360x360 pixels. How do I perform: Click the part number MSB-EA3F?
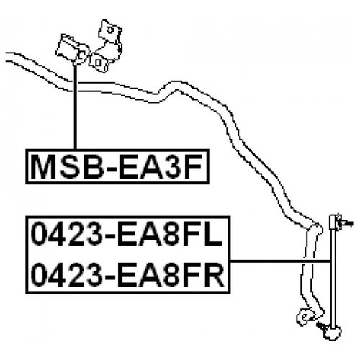tap(117, 166)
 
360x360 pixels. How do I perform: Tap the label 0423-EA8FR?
tap(127, 275)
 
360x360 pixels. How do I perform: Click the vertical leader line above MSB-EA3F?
tap(75, 107)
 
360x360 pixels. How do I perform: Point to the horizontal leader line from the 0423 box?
tap(280, 261)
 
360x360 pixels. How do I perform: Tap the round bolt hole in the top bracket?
tap(110, 30)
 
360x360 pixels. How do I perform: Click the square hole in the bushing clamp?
tap(98, 63)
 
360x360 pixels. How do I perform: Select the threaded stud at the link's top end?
tap(346, 223)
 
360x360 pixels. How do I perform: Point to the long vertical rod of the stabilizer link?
tap(333, 271)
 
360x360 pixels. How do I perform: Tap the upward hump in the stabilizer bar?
tap(176, 86)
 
